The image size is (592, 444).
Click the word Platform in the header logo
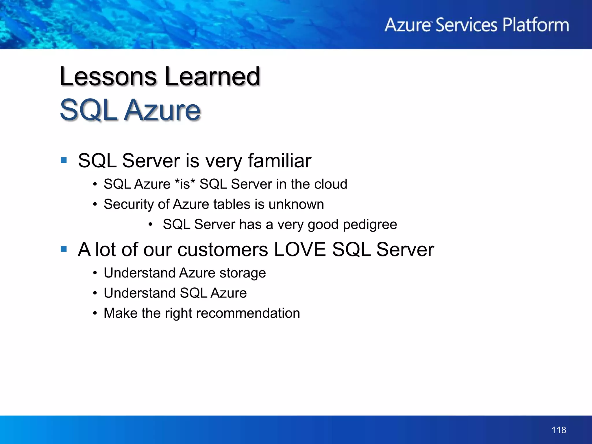click(x=536, y=25)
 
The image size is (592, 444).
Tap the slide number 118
click(x=558, y=430)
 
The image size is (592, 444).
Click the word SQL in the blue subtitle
click(x=88, y=110)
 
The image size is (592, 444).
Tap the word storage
click(x=243, y=273)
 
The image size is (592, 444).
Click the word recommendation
click(x=247, y=313)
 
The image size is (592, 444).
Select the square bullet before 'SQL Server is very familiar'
click(x=64, y=160)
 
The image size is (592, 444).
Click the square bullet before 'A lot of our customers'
click(x=64, y=249)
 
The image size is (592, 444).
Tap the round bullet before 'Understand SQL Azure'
click(x=95, y=293)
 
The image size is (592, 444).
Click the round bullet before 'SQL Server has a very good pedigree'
click(x=150, y=225)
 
